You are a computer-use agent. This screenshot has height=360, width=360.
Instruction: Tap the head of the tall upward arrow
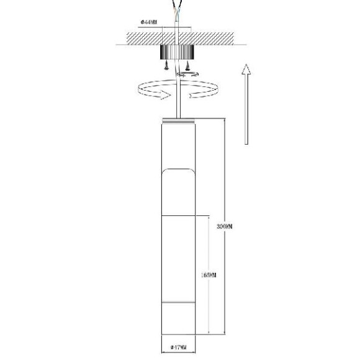pos(246,70)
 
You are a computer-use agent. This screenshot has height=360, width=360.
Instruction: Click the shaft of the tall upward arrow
pos(246,112)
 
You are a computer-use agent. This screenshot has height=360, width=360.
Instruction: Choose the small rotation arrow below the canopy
pos(189,74)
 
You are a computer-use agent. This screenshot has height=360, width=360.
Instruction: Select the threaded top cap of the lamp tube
pos(179,119)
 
